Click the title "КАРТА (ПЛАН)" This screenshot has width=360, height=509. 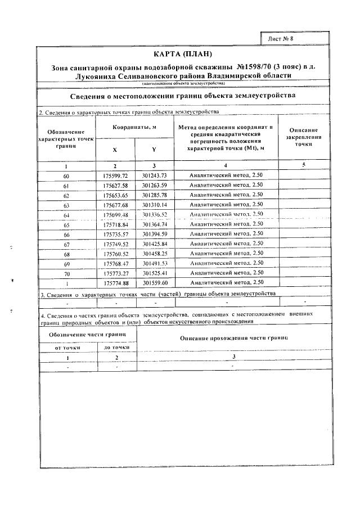[x=183, y=55]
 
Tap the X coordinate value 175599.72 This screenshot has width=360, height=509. [x=116, y=175]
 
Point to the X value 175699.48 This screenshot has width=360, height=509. [x=116, y=214]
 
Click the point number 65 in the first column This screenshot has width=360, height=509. [x=66, y=224]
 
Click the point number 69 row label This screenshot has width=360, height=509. [x=66, y=263]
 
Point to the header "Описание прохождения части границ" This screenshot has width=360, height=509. [x=233, y=338]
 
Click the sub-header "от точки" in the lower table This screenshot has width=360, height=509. [x=68, y=348]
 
